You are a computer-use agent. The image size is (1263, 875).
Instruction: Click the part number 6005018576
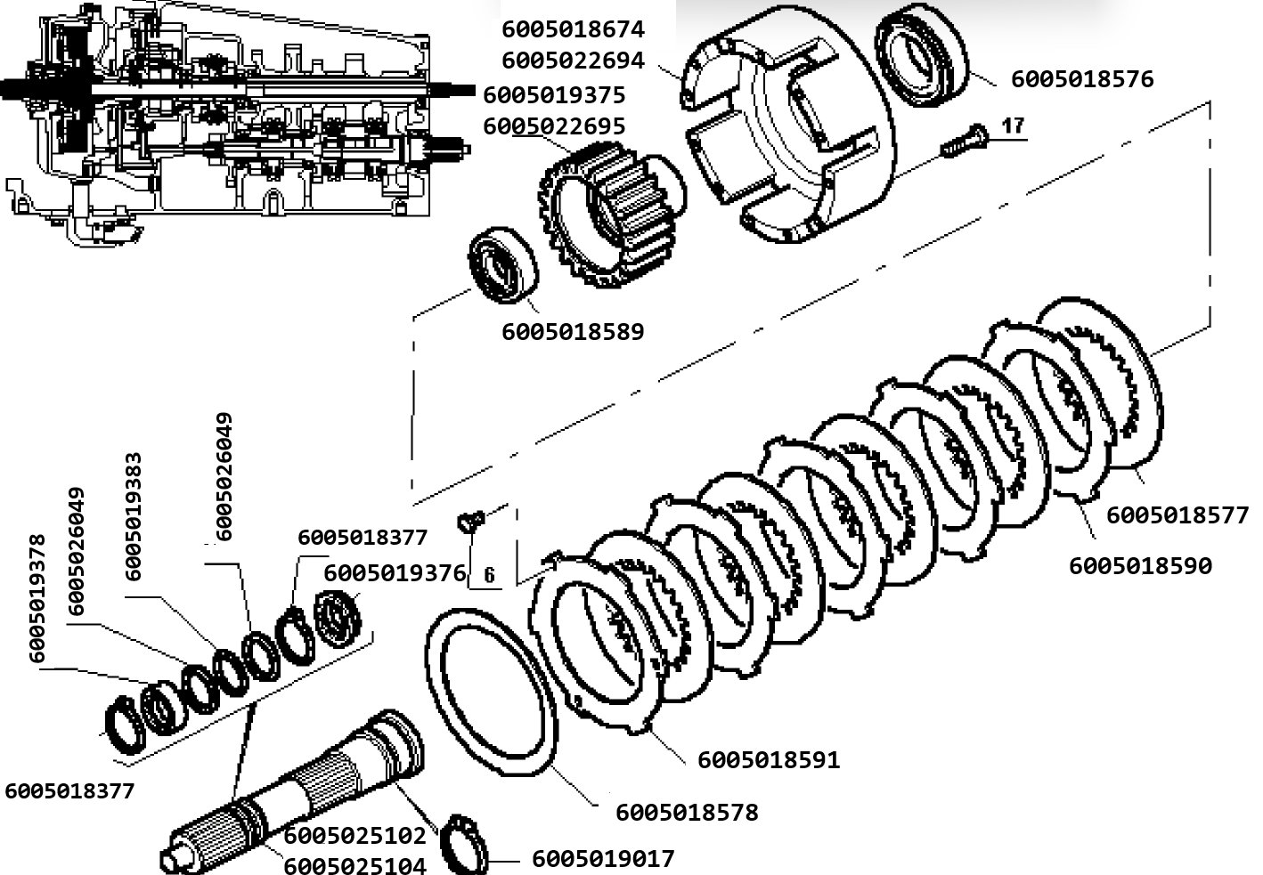click(1082, 79)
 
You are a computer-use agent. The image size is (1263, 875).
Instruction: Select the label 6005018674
click(573, 30)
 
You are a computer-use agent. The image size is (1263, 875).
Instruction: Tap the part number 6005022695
click(554, 126)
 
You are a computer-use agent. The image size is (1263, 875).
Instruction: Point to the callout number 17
click(1013, 126)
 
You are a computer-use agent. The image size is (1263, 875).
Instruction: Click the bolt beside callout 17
click(964, 140)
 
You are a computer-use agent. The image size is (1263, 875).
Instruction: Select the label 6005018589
click(573, 332)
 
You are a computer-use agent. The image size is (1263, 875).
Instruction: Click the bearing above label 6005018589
click(503, 264)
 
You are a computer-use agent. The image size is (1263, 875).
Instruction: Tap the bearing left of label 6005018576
click(921, 55)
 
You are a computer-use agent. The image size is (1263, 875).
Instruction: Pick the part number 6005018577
click(1177, 515)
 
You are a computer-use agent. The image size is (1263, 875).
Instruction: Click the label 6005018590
click(1140, 566)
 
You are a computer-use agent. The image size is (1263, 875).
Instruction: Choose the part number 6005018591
click(769, 760)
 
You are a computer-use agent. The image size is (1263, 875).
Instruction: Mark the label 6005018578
click(687, 813)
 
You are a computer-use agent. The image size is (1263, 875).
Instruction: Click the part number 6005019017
click(603, 859)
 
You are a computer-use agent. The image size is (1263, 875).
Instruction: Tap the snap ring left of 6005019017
click(463, 845)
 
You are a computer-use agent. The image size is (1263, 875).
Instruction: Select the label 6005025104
click(354, 865)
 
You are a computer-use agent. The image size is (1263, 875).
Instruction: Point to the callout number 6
click(489, 575)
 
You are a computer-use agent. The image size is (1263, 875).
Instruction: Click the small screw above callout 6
click(471, 521)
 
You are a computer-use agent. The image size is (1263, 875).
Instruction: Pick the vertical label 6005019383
click(134, 516)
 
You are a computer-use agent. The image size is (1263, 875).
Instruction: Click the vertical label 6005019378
click(37, 598)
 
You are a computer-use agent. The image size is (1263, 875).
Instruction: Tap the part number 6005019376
click(395, 573)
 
